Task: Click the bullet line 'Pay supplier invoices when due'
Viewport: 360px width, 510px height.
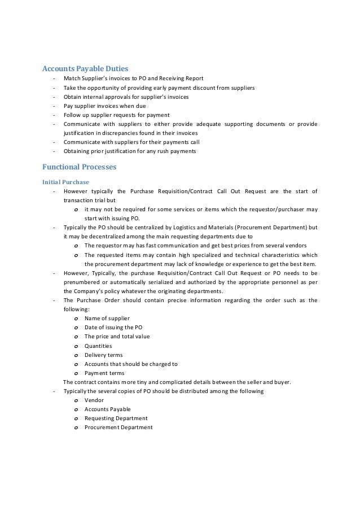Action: (x=104, y=106)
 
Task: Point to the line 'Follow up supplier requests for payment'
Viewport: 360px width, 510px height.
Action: (x=116, y=115)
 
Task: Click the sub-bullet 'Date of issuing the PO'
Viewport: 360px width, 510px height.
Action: (x=113, y=328)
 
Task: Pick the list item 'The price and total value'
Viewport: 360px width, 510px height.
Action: (x=117, y=337)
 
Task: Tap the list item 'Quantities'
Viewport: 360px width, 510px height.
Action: (x=98, y=346)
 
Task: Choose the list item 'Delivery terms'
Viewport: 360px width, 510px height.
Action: (x=104, y=355)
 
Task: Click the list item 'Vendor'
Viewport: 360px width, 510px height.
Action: (x=94, y=400)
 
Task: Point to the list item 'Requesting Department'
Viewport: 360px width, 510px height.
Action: (x=116, y=418)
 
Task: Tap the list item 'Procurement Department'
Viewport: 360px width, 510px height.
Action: (x=118, y=428)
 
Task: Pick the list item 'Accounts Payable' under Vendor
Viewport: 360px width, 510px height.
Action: (x=107, y=409)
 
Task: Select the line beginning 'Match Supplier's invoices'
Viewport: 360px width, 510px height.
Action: (x=133, y=78)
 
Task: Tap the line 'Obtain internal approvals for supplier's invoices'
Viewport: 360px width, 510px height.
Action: (x=126, y=97)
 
